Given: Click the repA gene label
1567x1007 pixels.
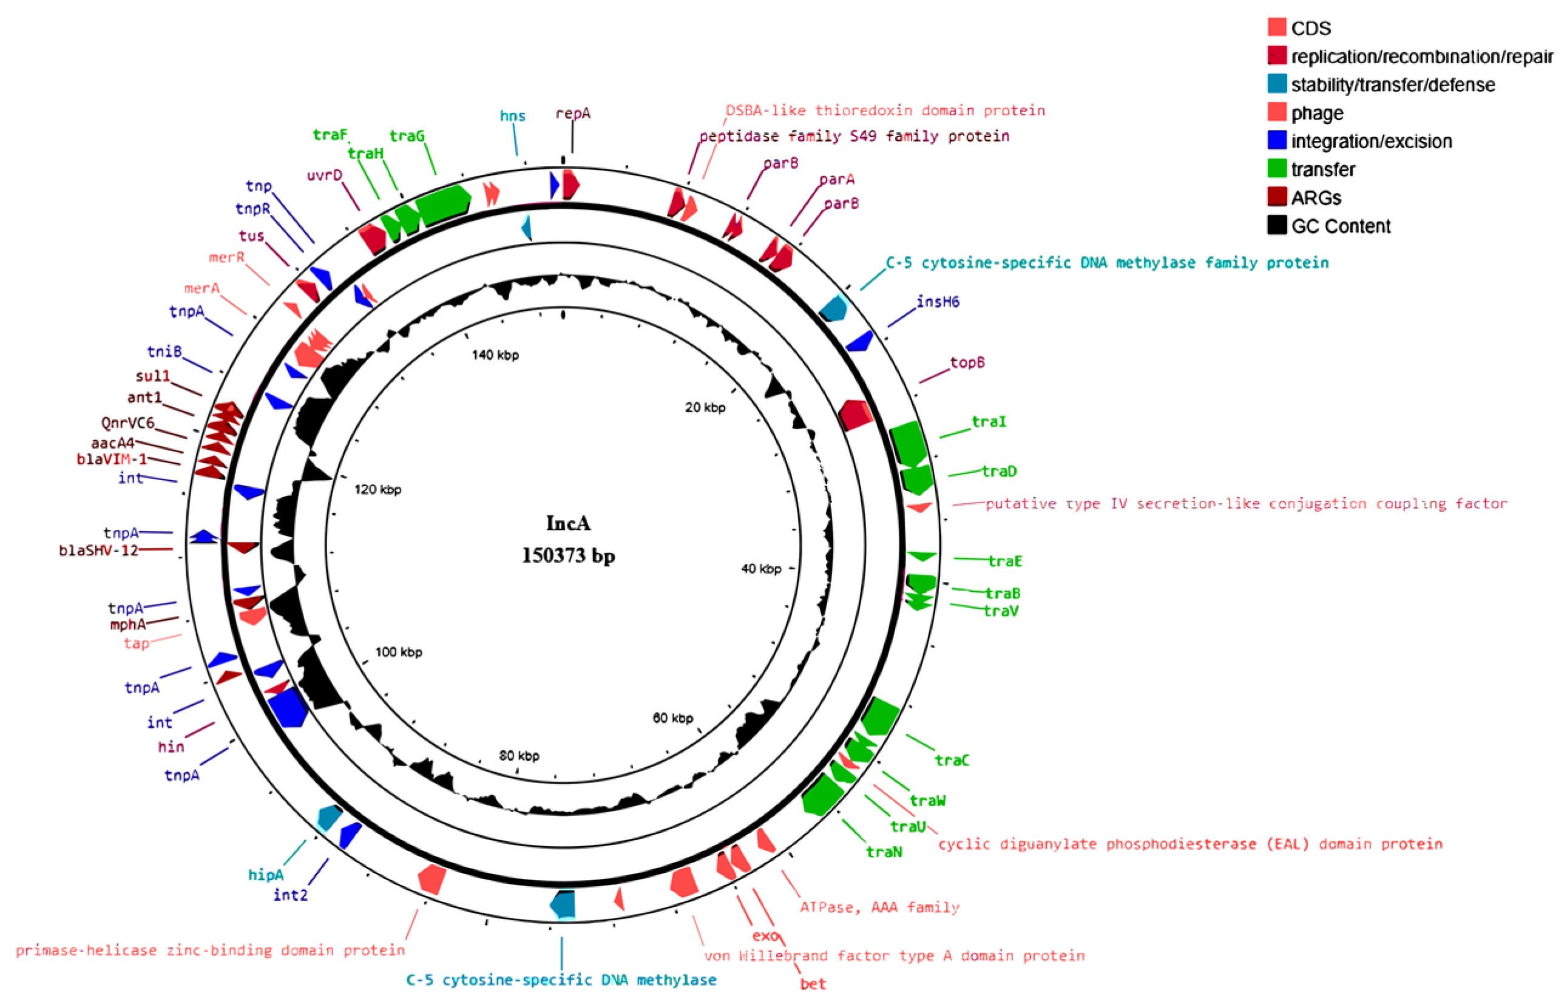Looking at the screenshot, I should (572, 114).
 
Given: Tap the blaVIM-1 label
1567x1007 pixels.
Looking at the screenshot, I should (111, 459).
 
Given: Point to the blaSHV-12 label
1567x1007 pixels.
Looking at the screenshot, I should (98, 551).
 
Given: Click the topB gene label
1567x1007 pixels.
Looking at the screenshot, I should (966, 362).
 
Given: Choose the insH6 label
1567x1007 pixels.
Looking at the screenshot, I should (937, 302).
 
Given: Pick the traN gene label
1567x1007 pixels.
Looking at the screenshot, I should (883, 852).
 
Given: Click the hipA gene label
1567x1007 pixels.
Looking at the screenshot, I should (265, 875).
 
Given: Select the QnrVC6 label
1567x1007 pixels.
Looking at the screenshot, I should (127, 423).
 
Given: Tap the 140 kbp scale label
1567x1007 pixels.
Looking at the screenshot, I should (495, 355).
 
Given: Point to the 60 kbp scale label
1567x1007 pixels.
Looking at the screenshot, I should (672, 718).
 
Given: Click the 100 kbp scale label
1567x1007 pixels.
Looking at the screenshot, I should (398, 652).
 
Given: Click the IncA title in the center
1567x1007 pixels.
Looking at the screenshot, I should (567, 523).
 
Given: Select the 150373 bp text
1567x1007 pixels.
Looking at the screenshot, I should (567, 556).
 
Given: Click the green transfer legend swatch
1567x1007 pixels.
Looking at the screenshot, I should (1276, 169).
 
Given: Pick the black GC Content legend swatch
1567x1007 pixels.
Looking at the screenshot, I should (1276, 225).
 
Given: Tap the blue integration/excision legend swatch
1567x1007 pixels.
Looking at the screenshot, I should (1276, 141).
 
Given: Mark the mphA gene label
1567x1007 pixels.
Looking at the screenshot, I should (127, 625).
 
